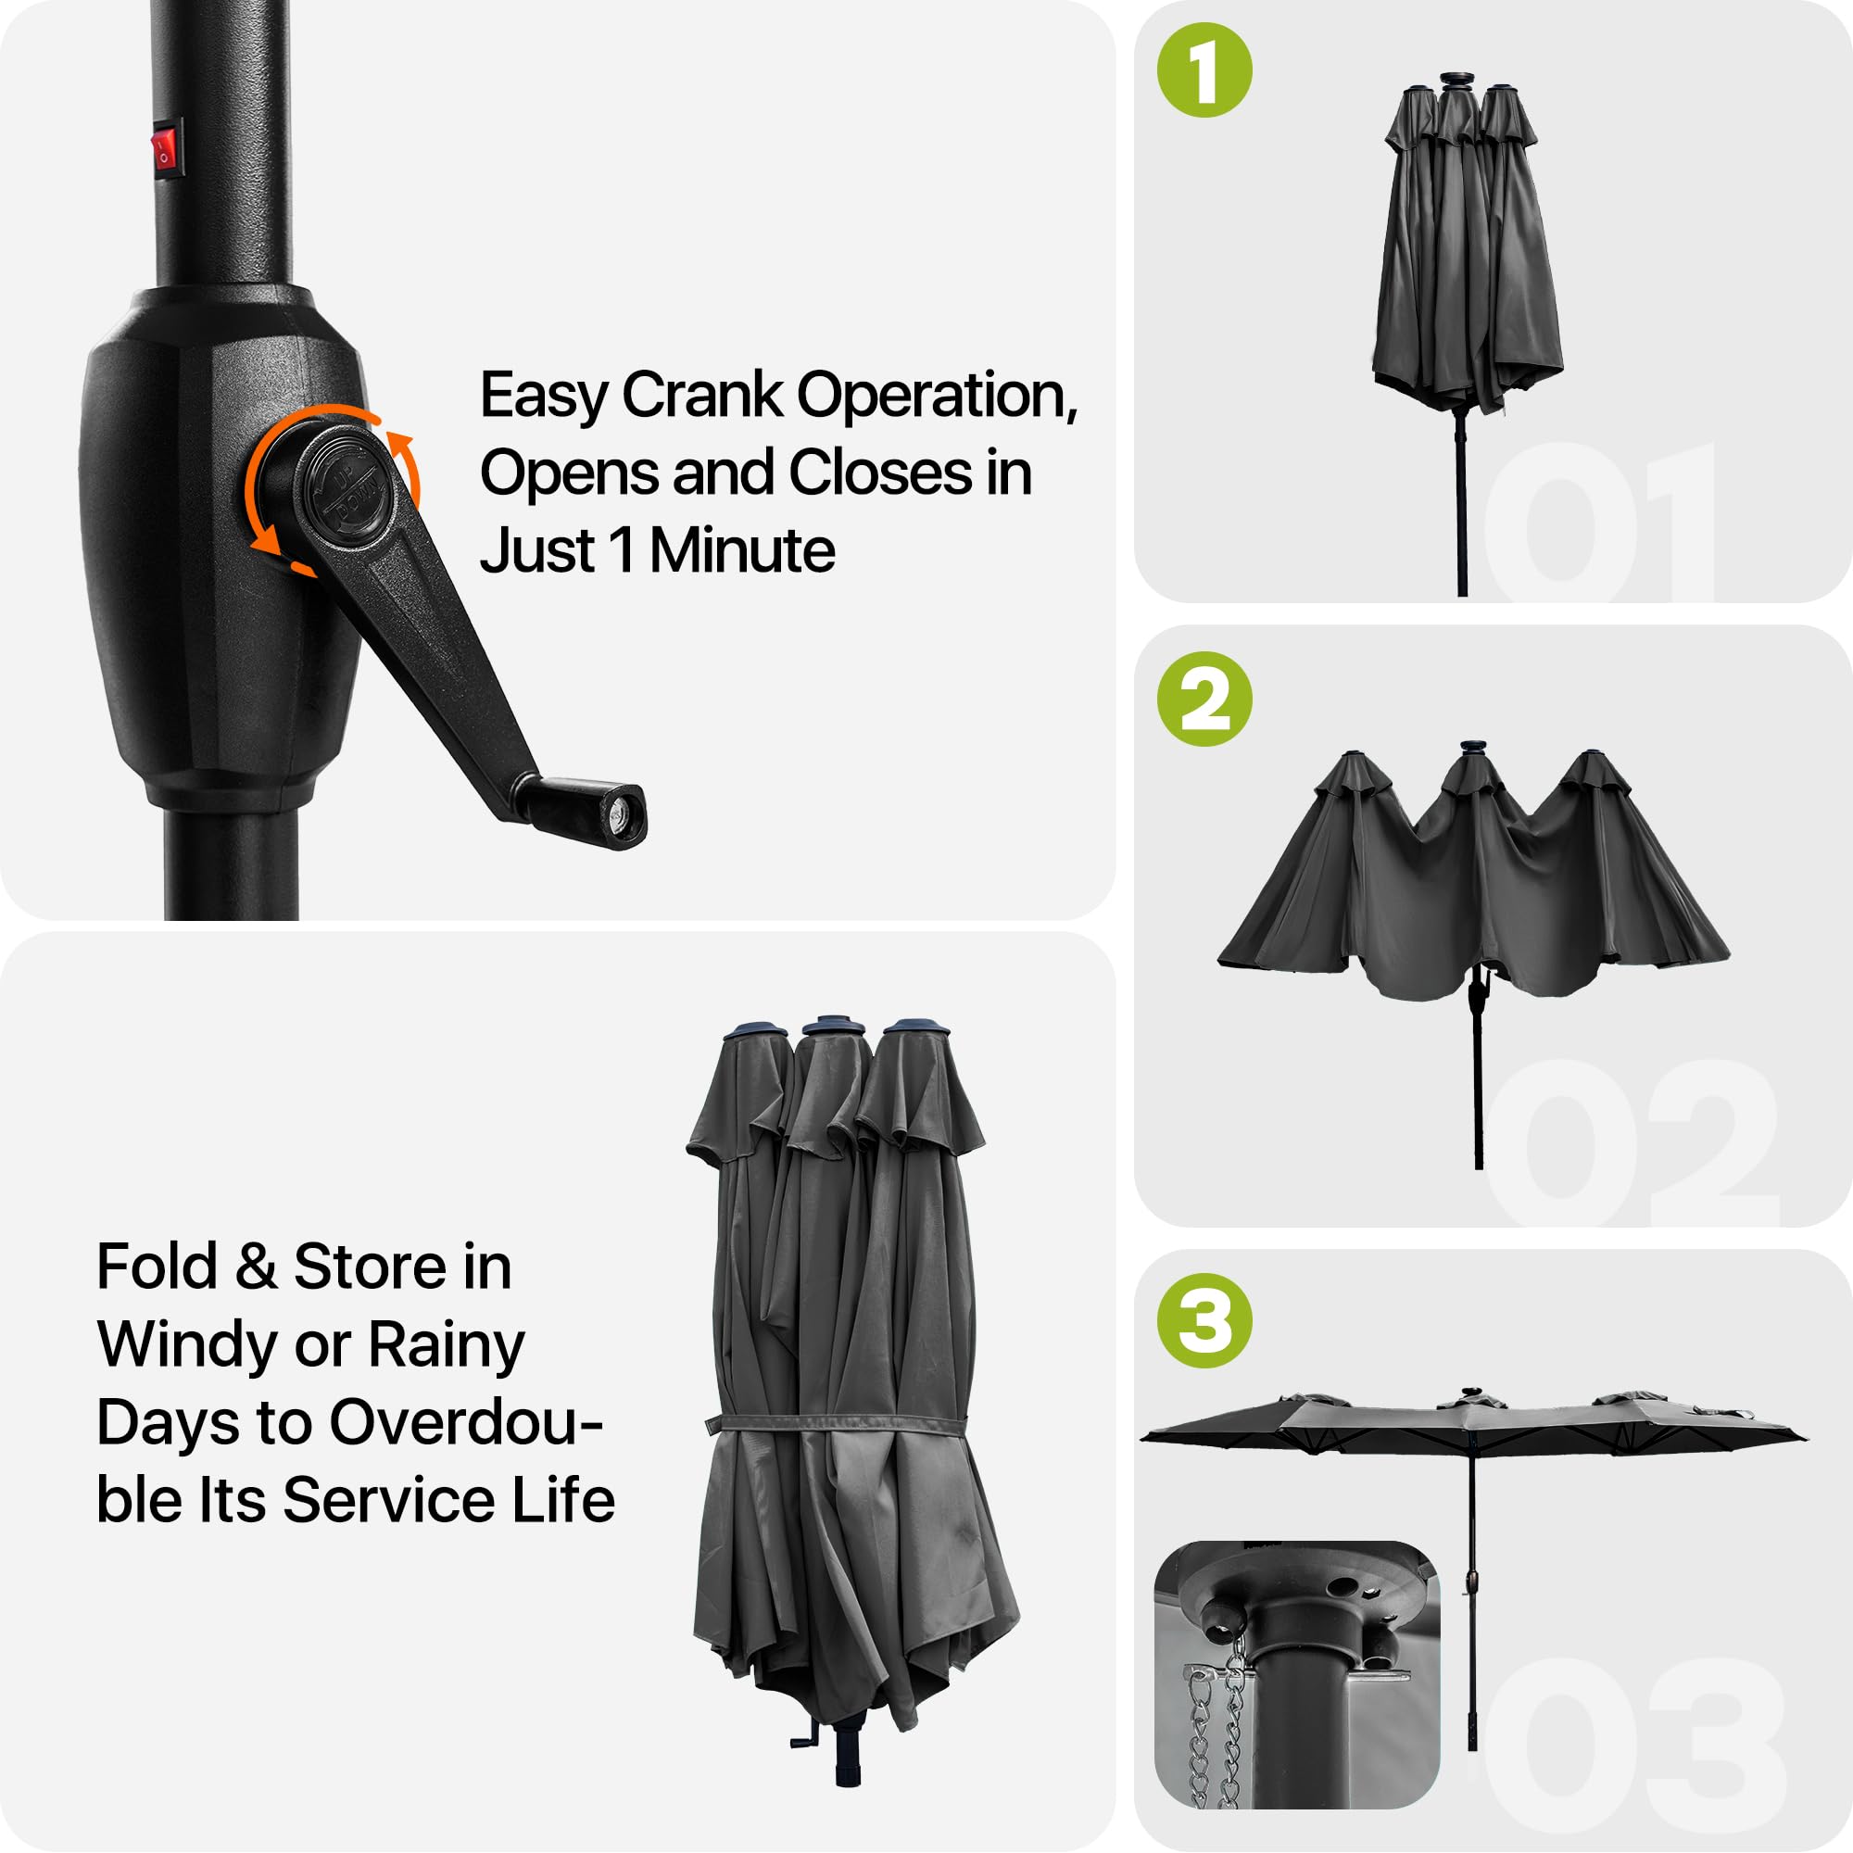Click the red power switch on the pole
(x=167, y=148)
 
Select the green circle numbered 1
(x=1204, y=70)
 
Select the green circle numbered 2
(x=1204, y=700)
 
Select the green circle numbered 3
(x=1204, y=1320)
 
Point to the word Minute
(x=741, y=551)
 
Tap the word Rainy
(x=447, y=1346)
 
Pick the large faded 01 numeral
(x=1600, y=522)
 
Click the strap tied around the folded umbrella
(x=841, y=1423)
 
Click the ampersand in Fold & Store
(x=256, y=1268)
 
